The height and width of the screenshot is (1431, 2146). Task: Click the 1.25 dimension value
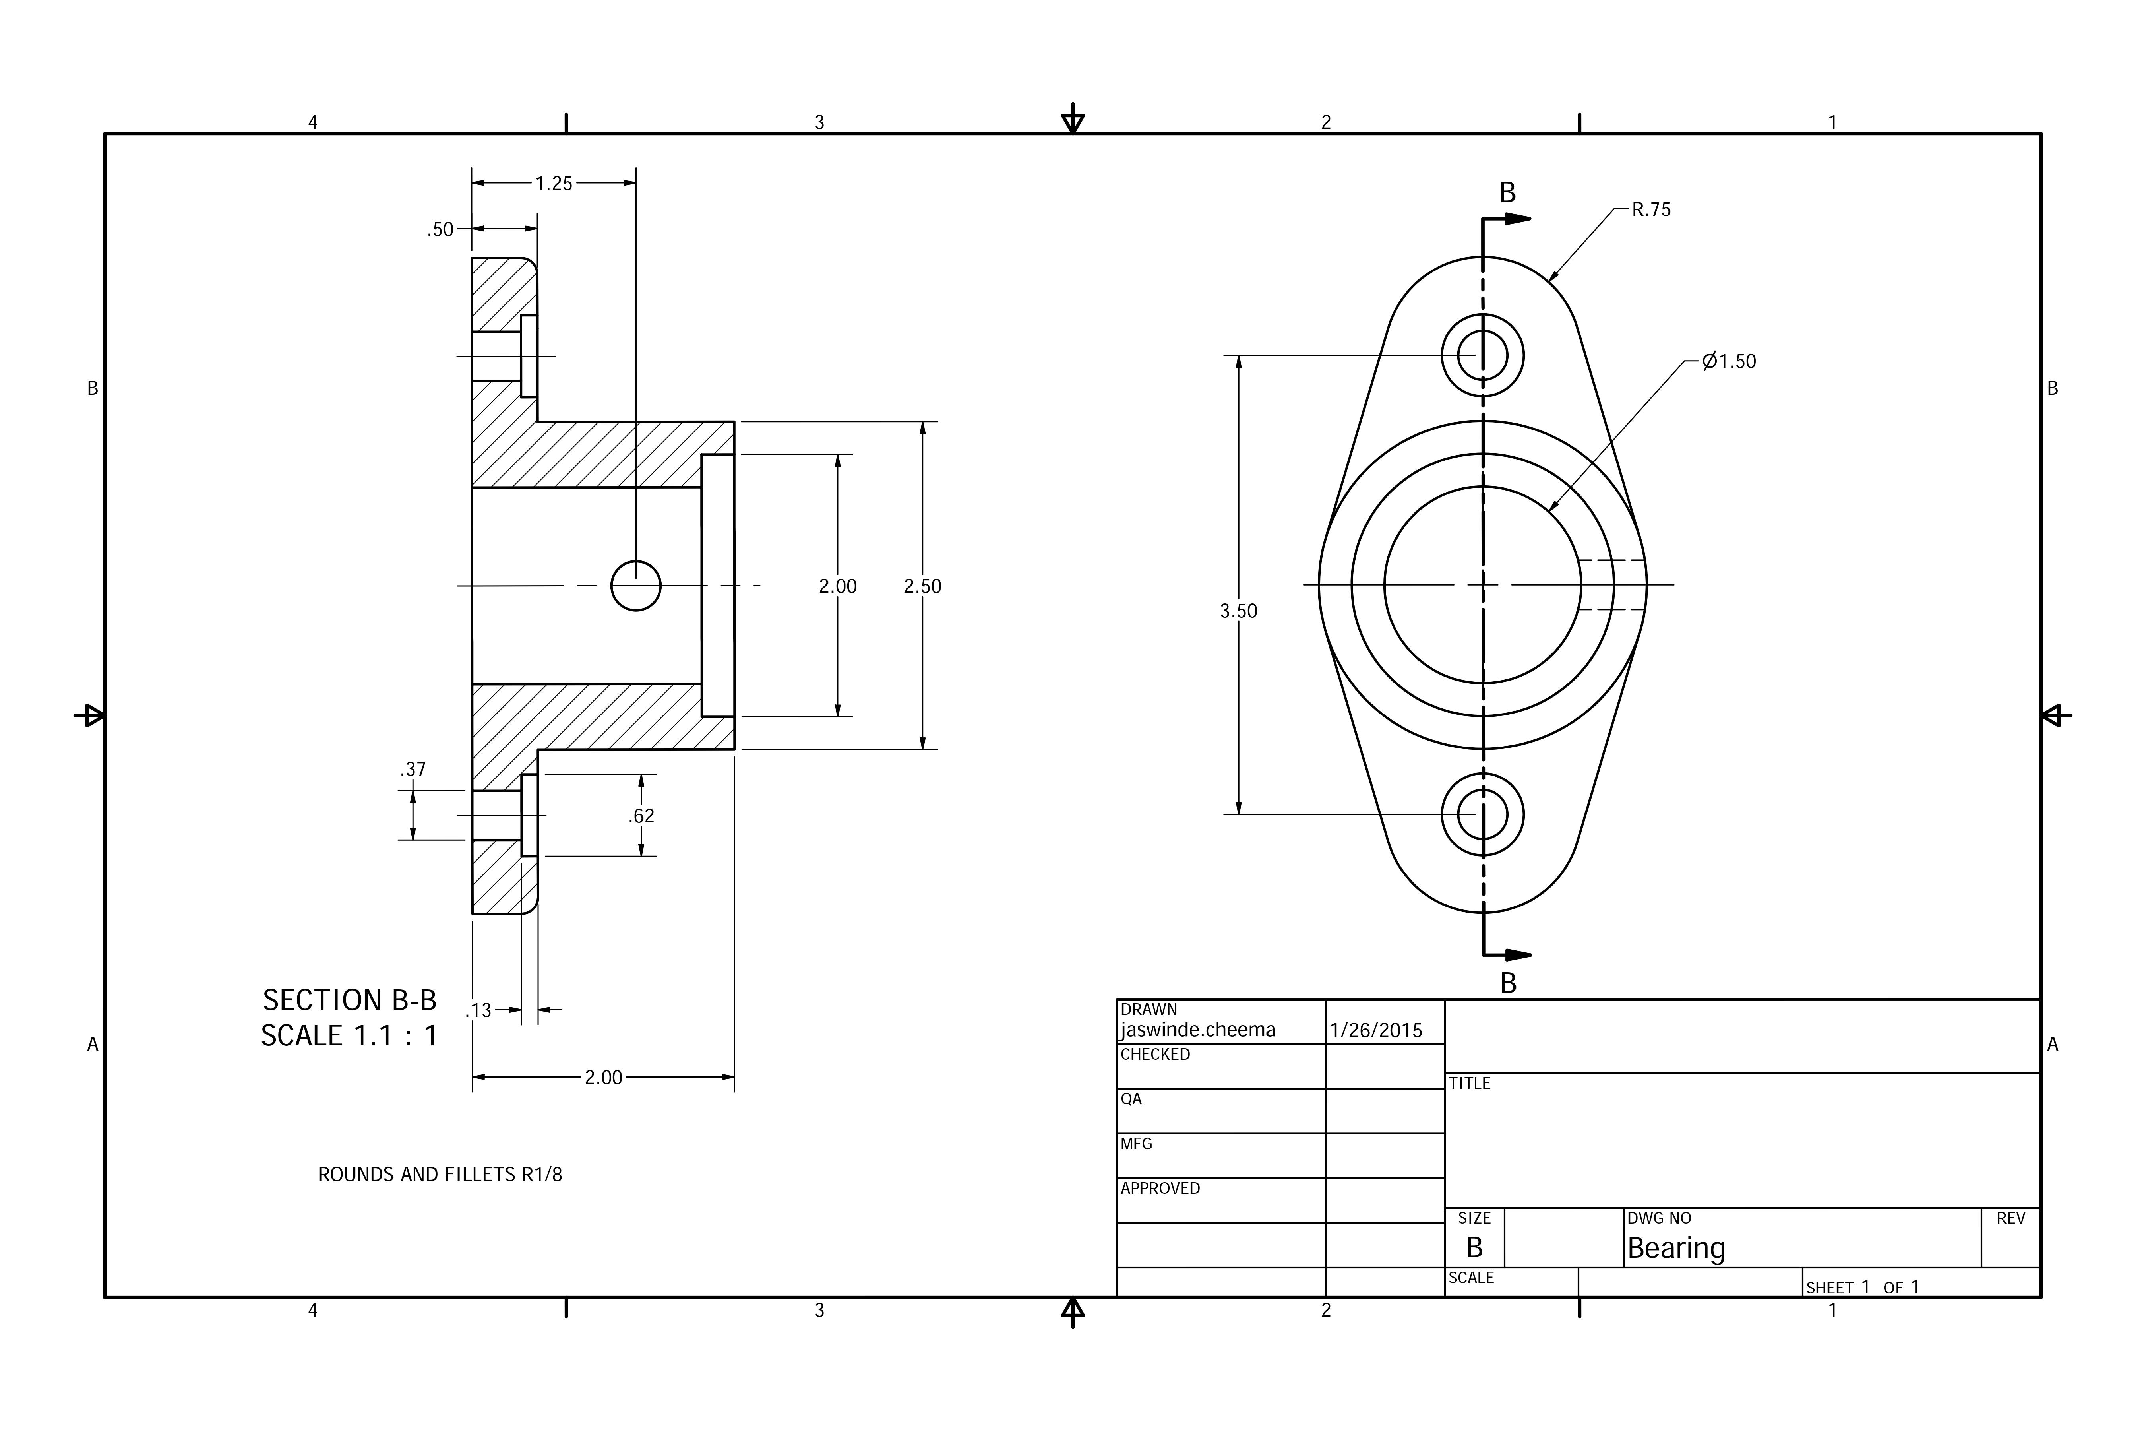(x=553, y=183)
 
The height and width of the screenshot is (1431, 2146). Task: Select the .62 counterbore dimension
(x=641, y=816)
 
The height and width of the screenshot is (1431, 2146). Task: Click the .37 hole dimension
(x=413, y=769)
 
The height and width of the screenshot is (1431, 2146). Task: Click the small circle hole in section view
(x=636, y=586)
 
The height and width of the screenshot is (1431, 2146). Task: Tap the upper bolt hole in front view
(x=1483, y=355)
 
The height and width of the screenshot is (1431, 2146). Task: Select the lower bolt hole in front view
(x=1483, y=814)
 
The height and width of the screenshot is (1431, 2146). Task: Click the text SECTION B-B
(x=349, y=1000)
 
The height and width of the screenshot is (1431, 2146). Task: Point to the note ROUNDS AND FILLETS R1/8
(x=440, y=1175)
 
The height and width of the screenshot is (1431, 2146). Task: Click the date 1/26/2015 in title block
(x=1376, y=1030)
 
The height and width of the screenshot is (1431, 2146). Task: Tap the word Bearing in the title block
(x=1676, y=1248)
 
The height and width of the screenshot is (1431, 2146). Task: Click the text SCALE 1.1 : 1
(x=349, y=1036)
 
